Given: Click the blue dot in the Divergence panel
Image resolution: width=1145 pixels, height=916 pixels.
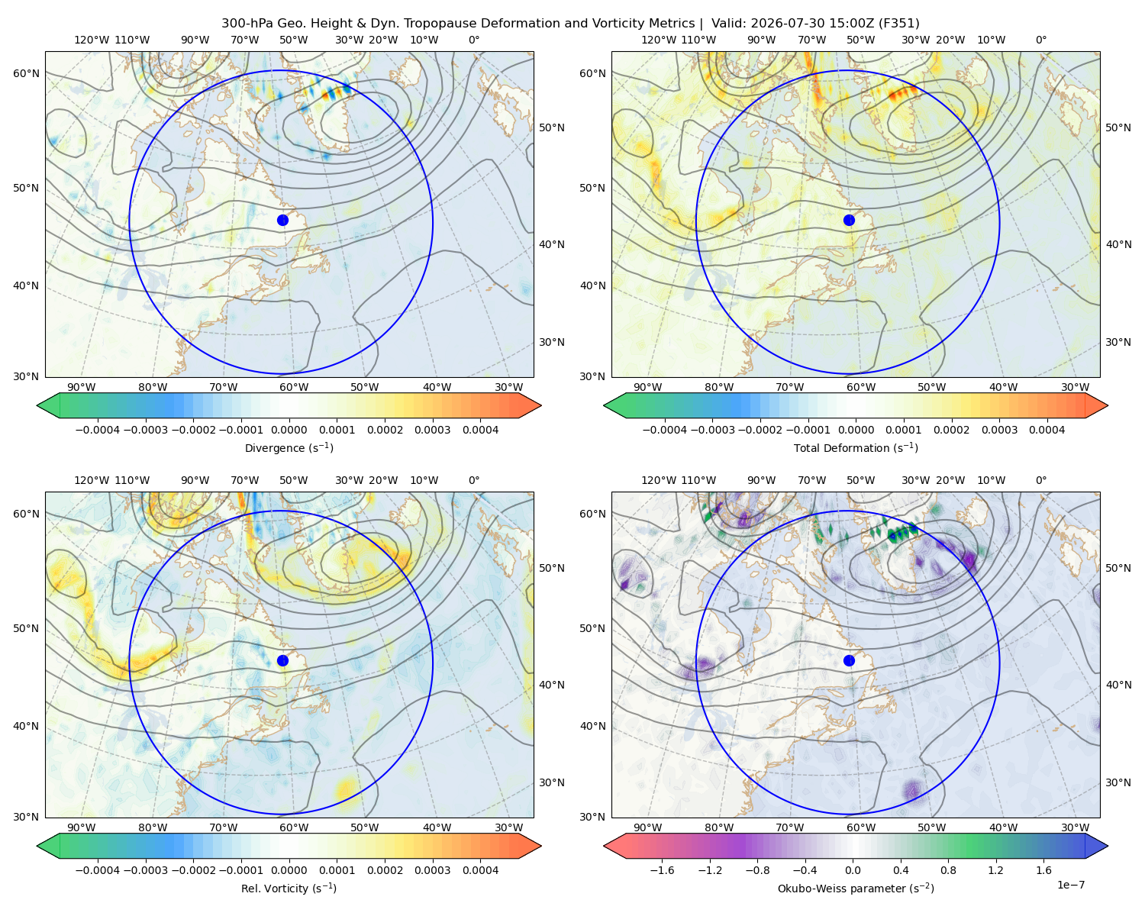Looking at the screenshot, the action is pos(282,221).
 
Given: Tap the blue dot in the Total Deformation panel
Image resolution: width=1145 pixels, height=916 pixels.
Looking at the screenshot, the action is pos(849,221).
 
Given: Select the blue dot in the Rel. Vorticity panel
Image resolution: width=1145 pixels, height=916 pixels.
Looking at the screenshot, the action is pos(282,660).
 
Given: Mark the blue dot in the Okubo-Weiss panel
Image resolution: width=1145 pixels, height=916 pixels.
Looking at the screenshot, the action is pos(849,660).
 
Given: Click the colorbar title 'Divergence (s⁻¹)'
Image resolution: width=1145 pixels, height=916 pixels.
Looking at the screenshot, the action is pos(289,447).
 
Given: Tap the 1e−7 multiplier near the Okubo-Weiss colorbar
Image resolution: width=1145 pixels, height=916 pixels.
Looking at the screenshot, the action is pos(1070,885).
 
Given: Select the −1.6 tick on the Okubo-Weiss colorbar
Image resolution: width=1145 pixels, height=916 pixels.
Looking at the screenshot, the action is pos(662,870).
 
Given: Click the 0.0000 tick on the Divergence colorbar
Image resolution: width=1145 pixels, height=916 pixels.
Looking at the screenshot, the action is pos(289,430).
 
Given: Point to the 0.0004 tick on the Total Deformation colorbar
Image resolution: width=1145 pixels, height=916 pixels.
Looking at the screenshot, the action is pos(1047,430).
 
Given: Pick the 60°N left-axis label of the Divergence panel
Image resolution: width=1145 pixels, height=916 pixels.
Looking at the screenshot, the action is pos(26,73).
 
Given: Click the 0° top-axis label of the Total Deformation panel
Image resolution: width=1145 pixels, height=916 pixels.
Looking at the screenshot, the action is pos(1040,40).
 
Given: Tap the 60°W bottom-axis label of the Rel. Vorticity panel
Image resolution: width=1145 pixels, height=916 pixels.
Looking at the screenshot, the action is pos(294,827).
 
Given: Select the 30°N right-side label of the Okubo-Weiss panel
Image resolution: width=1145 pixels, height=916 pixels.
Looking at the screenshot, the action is pos(1118,782).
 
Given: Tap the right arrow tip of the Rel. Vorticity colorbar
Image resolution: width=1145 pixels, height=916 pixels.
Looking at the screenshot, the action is pos(542,847).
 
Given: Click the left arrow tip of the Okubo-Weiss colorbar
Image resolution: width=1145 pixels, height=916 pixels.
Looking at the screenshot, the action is pos(603,847).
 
